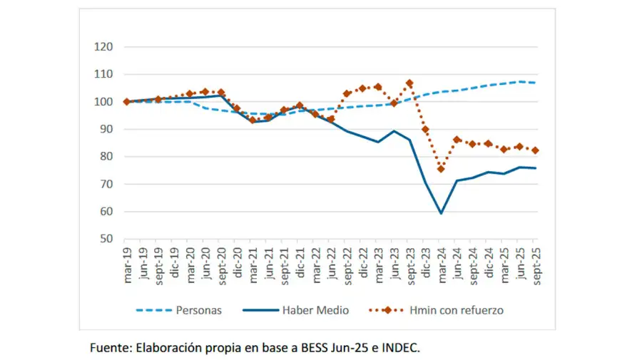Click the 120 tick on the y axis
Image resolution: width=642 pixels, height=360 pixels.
pyautogui.click(x=104, y=47)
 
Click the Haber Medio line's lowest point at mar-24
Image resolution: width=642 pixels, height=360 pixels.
pyautogui.click(x=441, y=212)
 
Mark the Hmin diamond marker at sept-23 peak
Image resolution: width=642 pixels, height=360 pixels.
pyautogui.click(x=409, y=83)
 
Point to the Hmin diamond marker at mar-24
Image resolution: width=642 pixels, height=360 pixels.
pyautogui.click(x=441, y=169)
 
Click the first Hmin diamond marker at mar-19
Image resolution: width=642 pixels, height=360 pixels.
pyautogui.click(x=127, y=102)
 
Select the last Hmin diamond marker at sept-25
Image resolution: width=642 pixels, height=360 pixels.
pyautogui.click(x=535, y=150)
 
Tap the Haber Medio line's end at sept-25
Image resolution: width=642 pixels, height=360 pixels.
pyautogui.click(x=535, y=168)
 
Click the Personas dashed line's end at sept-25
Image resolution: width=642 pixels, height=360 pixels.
pyautogui.click(x=535, y=83)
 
